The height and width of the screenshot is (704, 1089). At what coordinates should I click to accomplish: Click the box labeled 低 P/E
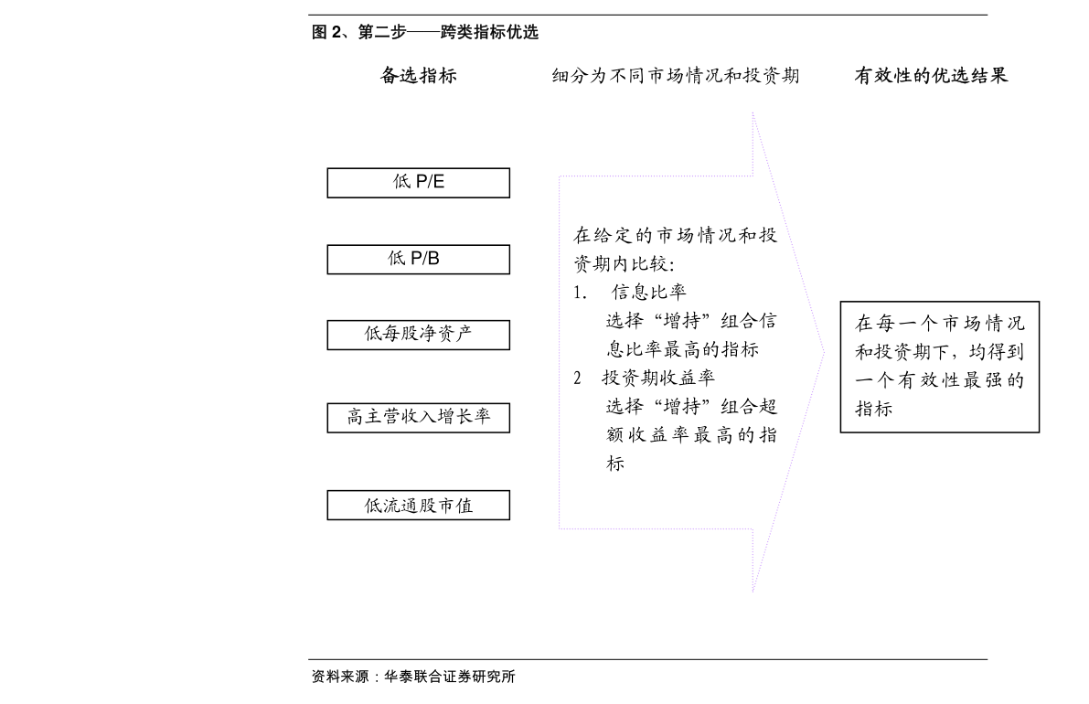[x=418, y=183]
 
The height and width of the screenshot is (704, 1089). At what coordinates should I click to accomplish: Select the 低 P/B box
[x=418, y=259]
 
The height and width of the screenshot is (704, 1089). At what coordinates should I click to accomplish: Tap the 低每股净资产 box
[x=418, y=335]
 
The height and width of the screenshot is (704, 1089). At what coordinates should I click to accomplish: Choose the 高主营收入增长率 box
[x=418, y=417]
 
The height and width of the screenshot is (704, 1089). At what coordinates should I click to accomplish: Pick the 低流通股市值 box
[x=418, y=505]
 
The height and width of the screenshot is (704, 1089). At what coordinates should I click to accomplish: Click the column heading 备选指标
[x=418, y=75]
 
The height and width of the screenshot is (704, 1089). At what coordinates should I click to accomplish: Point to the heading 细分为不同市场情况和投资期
[x=675, y=75]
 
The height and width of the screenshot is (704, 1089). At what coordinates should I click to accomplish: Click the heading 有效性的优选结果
[x=931, y=75]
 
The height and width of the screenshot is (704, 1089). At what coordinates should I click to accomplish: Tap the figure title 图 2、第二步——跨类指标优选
[x=425, y=32]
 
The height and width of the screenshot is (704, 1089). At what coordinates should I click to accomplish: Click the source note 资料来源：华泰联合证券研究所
[x=413, y=677]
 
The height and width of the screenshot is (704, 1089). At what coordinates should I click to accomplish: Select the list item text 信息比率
[x=648, y=293]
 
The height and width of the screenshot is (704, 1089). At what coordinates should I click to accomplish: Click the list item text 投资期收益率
[x=657, y=378]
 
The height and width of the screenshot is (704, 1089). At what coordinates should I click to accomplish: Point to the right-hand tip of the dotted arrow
[x=825, y=353]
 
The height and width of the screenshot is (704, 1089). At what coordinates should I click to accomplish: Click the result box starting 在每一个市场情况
[x=940, y=367]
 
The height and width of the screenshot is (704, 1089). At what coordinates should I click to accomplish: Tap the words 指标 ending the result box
[x=874, y=409]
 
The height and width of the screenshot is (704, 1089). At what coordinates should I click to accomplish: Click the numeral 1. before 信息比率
[x=580, y=293]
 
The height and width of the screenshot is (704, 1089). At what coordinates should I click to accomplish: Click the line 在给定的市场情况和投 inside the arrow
[x=675, y=235]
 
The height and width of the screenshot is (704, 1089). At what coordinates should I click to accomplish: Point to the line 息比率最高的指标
[x=682, y=349]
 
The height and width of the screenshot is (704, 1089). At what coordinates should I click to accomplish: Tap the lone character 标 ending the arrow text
[x=615, y=463]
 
